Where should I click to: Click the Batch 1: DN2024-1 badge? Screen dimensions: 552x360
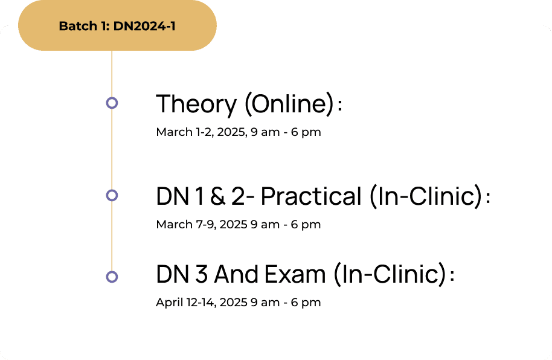tap(117, 25)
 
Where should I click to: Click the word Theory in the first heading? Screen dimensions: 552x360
tap(196, 104)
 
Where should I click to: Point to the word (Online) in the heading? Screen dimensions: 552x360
tap(289, 103)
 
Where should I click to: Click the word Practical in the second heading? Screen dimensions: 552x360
tap(311, 196)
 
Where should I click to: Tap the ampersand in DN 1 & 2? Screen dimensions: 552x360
tap(218, 196)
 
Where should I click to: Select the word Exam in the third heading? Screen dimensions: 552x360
tap(295, 274)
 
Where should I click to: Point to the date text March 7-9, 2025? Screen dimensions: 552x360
tap(202, 224)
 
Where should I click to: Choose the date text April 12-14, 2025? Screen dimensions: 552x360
tap(202, 303)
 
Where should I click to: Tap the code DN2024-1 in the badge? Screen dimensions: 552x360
tap(144, 26)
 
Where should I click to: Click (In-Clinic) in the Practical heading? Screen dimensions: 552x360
tap(426, 196)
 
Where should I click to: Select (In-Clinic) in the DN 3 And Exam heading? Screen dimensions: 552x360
tap(390, 274)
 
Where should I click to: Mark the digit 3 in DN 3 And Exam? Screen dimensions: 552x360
tap(201, 274)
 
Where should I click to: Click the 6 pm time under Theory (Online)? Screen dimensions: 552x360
tap(306, 132)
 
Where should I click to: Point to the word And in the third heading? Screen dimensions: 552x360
tap(236, 274)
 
